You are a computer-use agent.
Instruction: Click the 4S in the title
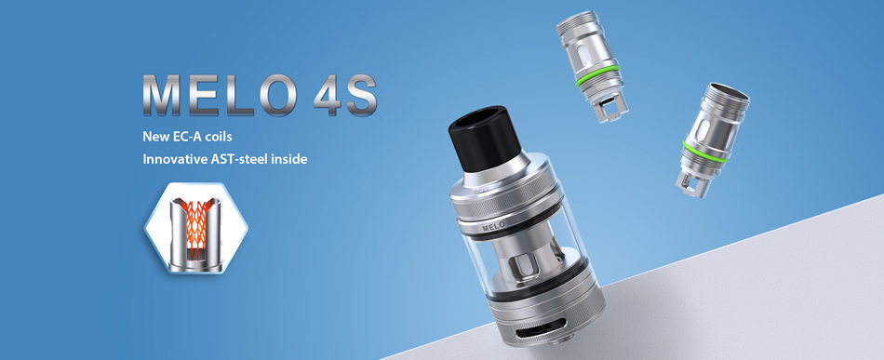tap(345, 95)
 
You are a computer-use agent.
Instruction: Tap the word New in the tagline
tap(154, 137)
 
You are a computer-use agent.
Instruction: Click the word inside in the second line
tap(289, 159)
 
